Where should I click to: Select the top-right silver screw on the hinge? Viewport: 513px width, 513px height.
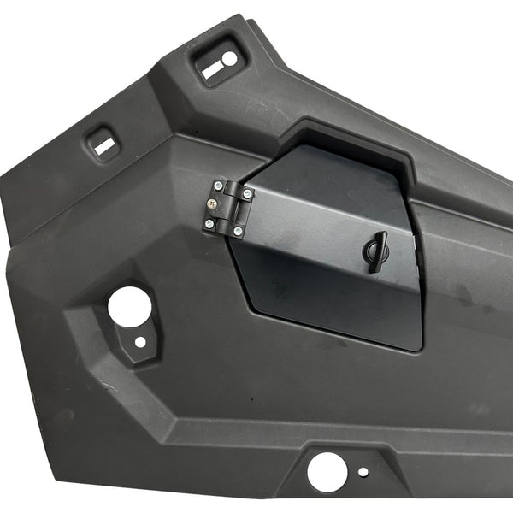click(247, 194)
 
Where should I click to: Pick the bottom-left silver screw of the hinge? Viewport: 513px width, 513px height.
click(209, 224)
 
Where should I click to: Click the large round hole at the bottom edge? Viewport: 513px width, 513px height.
click(325, 470)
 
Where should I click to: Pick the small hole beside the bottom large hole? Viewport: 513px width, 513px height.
click(364, 471)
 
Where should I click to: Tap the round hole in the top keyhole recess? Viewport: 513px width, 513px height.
click(229, 60)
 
